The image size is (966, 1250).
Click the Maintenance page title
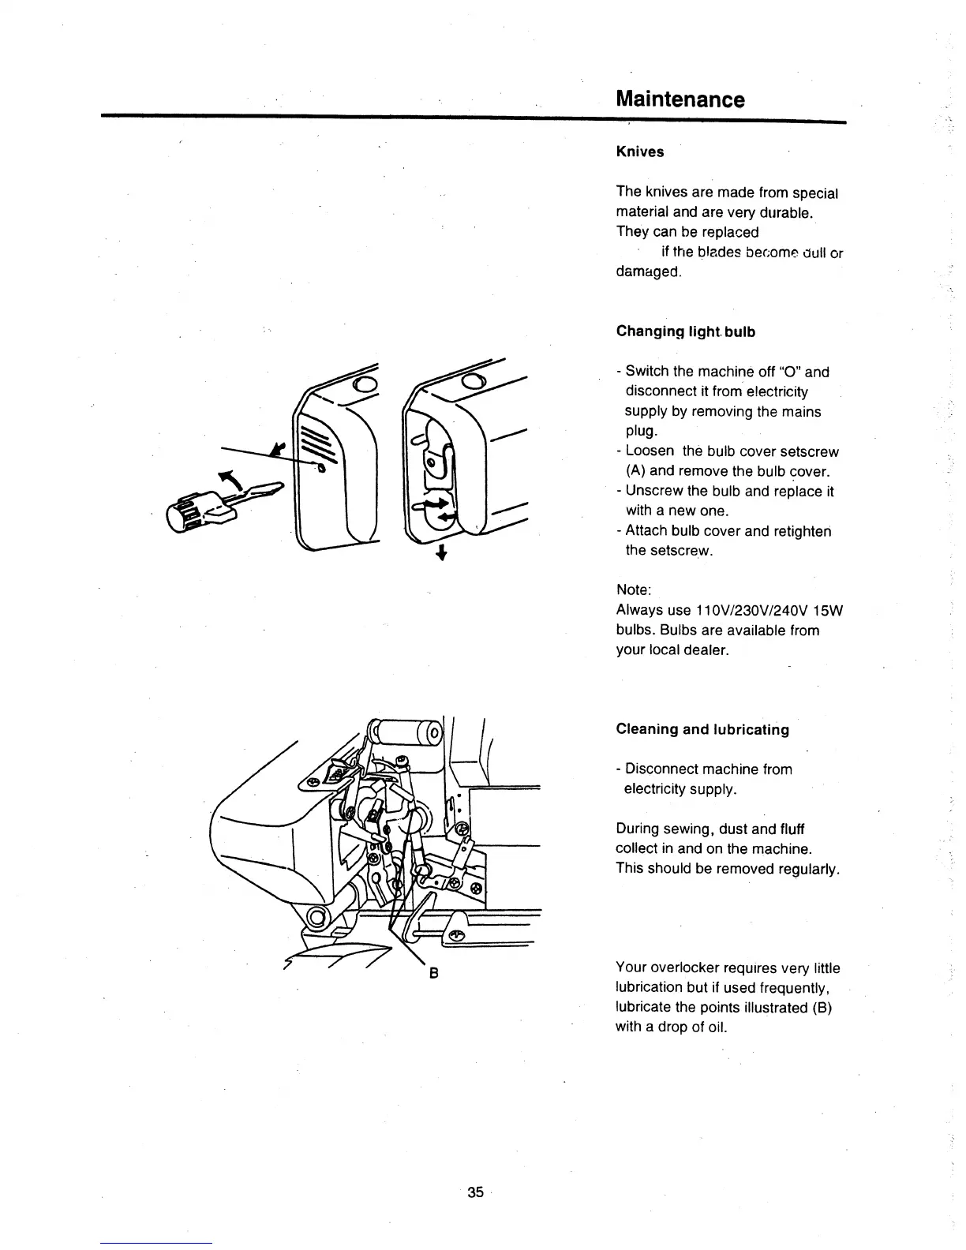pyautogui.click(x=680, y=99)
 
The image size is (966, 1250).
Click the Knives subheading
pyautogui.click(x=639, y=152)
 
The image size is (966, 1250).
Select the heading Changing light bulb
pyautogui.click(x=685, y=331)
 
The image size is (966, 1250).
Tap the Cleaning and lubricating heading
pyautogui.click(x=702, y=729)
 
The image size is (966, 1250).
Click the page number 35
pyautogui.click(x=474, y=1192)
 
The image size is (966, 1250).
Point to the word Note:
pyautogui.click(x=633, y=590)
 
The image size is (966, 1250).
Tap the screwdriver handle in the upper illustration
pyautogui.click(x=186, y=513)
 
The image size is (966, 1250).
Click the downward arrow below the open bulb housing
pyautogui.click(x=442, y=553)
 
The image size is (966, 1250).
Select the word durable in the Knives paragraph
pyautogui.click(x=786, y=213)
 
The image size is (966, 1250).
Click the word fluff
pyautogui.click(x=792, y=829)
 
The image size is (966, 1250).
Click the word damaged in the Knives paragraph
pyautogui.click(x=647, y=271)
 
